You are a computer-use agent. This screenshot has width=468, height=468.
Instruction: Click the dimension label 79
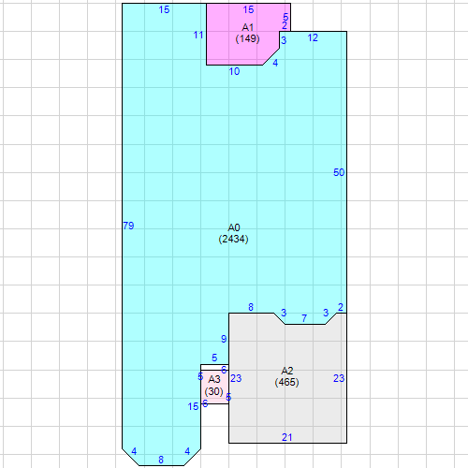[x=128, y=226]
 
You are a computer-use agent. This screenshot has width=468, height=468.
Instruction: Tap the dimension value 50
[x=339, y=172]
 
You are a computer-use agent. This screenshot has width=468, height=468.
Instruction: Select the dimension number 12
[x=313, y=37]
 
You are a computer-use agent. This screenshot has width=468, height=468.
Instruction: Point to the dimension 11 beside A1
[x=198, y=35]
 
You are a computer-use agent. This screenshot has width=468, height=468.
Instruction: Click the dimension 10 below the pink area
[x=234, y=71]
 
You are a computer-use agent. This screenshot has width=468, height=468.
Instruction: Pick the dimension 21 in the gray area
[x=287, y=437]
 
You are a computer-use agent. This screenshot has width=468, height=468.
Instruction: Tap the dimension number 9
[x=224, y=339]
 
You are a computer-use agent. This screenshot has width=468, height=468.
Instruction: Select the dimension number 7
[x=304, y=318]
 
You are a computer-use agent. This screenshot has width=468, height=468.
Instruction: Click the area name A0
[x=234, y=227]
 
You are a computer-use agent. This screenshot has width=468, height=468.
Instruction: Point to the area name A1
[x=248, y=27]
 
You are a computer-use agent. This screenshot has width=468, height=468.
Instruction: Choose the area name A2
[x=287, y=371]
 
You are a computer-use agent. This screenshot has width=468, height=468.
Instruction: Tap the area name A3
[x=214, y=379]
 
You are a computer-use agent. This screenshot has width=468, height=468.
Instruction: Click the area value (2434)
[x=233, y=239]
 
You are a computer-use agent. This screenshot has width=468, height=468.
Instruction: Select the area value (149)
[x=248, y=38]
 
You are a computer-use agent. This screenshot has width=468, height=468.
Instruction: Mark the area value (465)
[x=287, y=382]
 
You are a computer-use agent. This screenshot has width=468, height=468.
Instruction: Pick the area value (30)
[x=214, y=391]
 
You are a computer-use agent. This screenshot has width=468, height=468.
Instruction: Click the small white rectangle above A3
[x=214, y=367]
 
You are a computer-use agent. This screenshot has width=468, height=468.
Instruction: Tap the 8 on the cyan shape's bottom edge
[x=161, y=460]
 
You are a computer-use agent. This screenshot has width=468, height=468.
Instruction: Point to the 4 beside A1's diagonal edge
[x=275, y=63]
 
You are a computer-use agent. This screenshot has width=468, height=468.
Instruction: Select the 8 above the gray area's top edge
[x=251, y=307]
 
